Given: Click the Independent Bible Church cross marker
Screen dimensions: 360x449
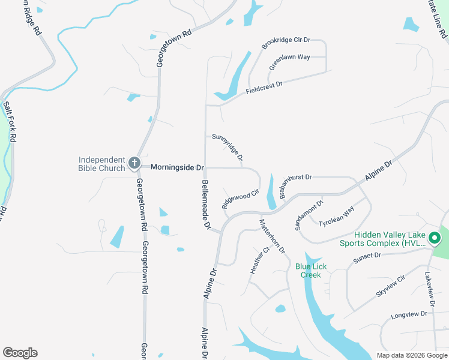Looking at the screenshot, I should (134, 163).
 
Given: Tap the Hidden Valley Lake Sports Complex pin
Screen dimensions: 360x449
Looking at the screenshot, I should (434, 239).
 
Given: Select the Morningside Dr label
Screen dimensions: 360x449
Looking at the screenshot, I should (177, 167).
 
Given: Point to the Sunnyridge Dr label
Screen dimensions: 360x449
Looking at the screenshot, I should (228, 148).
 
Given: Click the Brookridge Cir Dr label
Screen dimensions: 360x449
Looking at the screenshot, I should (286, 43).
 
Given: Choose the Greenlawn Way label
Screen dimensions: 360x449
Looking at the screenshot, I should (289, 62).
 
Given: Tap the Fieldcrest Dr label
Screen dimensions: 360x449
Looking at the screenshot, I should (264, 88).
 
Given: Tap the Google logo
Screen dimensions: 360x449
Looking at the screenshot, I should (20, 353).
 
